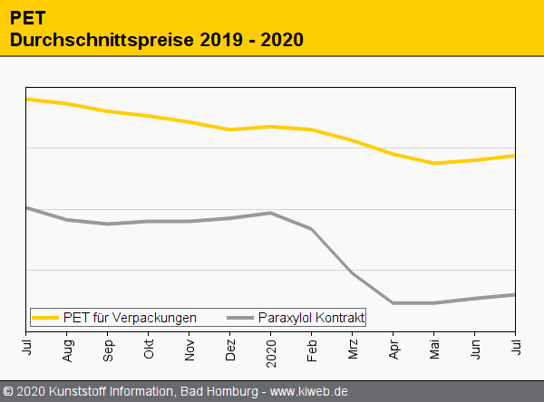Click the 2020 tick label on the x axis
(271, 348)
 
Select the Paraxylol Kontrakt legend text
(311, 318)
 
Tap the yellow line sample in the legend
(45, 318)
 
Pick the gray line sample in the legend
(240, 318)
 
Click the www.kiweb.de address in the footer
(309, 392)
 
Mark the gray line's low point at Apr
(393, 302)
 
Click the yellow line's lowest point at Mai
(434, 163)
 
